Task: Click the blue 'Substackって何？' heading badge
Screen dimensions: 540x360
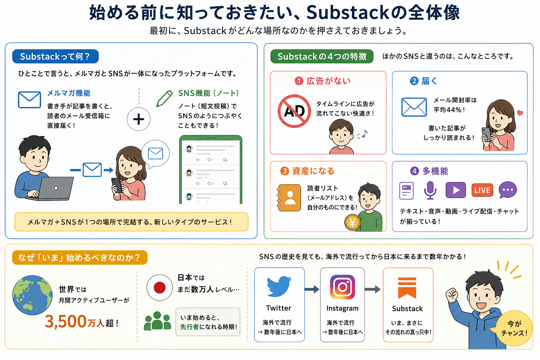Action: pyautogui.click(x=56, y=56)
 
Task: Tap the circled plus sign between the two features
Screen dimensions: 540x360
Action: pyautogui.click(x=139, y=119)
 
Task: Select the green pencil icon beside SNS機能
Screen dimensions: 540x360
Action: pyautogui.click(x=164, y=98)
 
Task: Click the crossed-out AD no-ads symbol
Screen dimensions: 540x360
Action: pyautogui.click(x=294, y=111)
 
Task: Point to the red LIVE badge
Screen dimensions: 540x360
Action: pyautogui.click(x=482, y=190)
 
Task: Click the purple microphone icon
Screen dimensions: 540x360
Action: pyautogui.click(x=430, y=190)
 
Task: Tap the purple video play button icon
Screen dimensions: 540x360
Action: pyautogui.click(x=455, y=190)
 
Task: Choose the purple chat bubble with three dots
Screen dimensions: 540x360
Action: pyautogui.click(x=508, y=190)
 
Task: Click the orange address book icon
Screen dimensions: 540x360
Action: pyautogui.click(x=289, y=198)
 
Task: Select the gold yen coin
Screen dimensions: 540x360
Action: pyautogui.click(x=352, y=223)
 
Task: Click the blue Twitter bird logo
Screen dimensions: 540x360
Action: pyautogui.click(x=279, y=287)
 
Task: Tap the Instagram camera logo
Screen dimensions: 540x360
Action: pyautogui.click(x=342, y=287)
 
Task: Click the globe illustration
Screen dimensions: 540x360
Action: pyautogui.click(x=32, y=295)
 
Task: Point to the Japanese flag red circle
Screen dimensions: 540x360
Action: pyautogui.click(x=159, y=288)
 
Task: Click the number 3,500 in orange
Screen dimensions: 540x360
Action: pyautogui.click(x=66, y=322)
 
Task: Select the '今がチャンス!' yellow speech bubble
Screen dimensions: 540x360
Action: pyautogui.click(x=514, y=328)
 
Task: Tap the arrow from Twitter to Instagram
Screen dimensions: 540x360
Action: pyautogui.click(x=312, y=289)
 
